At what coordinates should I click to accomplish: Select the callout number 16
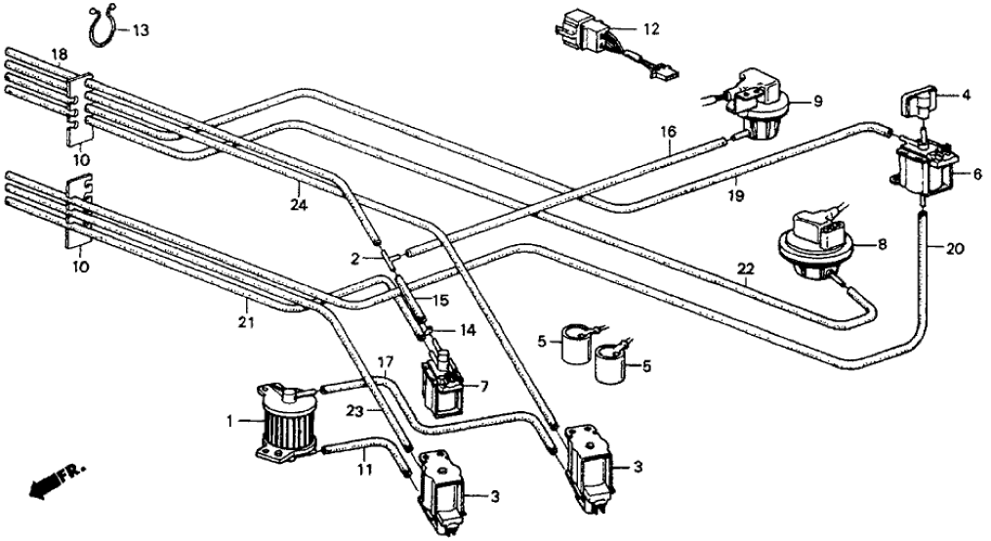(x=668, y=131)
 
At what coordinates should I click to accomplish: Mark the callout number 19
(x=735, y=195)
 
